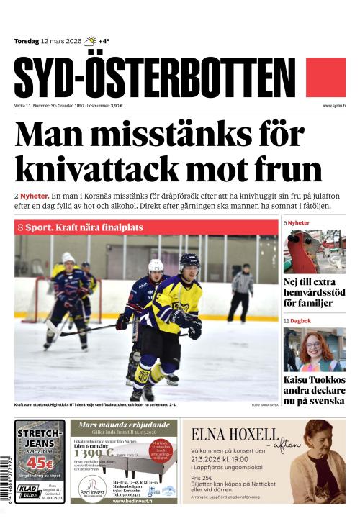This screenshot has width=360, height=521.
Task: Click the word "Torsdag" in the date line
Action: [x=26, y=41]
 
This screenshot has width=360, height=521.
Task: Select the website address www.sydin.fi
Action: [x=334, y=106]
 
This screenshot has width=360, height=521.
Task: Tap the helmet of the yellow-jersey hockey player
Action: [x=189, y=261]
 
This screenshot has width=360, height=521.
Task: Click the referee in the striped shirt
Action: [x=243, y=291]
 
